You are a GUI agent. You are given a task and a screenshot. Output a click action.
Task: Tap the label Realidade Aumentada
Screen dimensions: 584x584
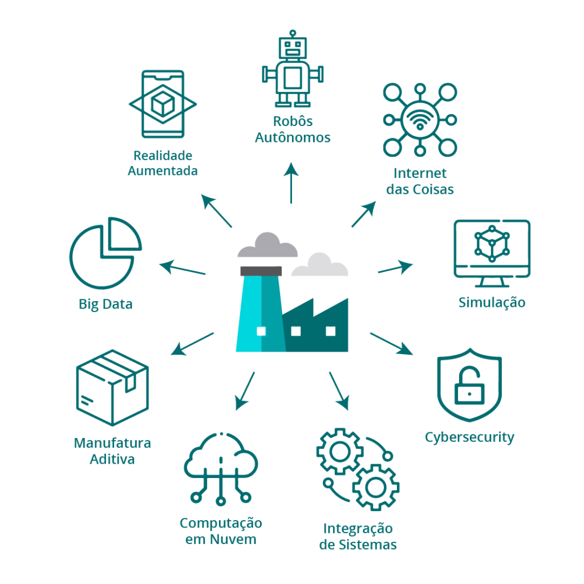click(163, 163)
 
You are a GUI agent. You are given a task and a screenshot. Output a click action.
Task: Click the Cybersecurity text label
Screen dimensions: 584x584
click(469, 437)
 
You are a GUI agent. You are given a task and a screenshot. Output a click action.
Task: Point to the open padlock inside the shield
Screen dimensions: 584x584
click(469, 387)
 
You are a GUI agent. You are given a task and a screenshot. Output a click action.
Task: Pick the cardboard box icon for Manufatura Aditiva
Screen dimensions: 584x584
click(112, 387)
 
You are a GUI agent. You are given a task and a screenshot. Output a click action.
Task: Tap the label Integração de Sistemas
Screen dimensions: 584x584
click(358, 536)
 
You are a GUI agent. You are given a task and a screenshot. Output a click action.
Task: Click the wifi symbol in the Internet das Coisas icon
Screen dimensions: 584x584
click(420, 120)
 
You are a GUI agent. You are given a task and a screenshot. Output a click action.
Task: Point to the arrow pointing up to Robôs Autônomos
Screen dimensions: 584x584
click(291, 182)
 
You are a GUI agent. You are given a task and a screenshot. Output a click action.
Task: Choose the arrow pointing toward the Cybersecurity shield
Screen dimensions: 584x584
click(392, 343)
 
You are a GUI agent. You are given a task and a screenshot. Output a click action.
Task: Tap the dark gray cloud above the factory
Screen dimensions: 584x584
click(267, 246)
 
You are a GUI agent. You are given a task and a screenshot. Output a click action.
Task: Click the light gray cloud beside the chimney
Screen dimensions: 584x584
click(319, 265)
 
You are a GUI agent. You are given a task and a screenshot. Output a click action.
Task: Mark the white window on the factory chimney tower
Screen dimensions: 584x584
click(261, 331)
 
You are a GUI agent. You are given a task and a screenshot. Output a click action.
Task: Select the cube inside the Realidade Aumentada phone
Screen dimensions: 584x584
click(163, 104)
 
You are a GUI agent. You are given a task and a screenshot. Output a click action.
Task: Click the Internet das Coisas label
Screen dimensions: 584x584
click(420, 181)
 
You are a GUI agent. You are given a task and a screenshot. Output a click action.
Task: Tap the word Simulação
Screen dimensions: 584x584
click(492, 302)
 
